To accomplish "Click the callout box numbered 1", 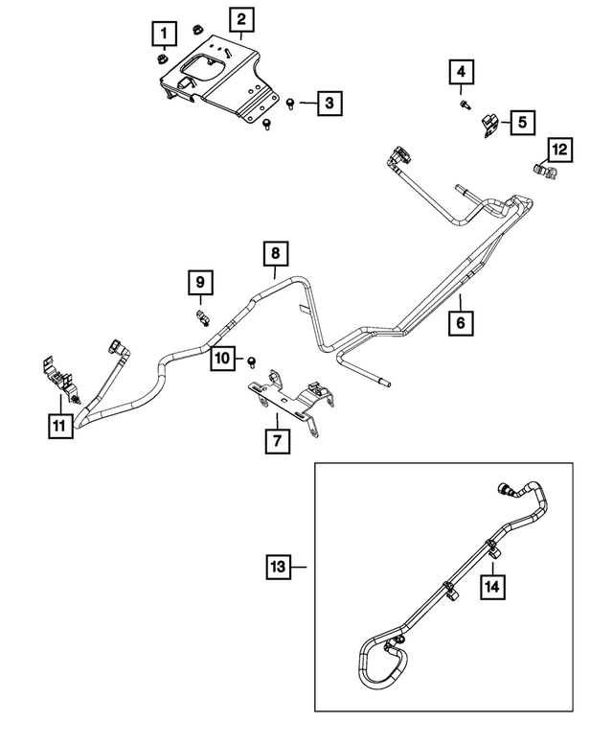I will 164,35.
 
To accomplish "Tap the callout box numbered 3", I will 328,102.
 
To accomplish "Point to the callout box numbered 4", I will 462,72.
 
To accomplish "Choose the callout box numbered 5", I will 522,122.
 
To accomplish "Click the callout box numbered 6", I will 461,324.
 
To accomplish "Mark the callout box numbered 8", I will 276,254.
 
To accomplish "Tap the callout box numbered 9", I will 200,283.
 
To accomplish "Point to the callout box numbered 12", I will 558,149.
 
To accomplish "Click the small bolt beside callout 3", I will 291,102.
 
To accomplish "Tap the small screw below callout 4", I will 464,103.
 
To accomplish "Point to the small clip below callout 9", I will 201,316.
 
